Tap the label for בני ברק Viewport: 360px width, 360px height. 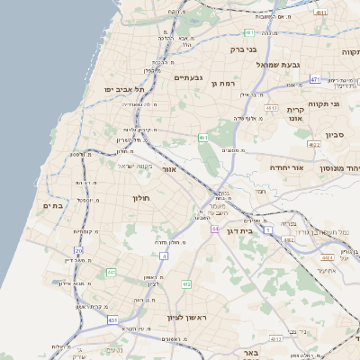pyautogui.click(x=245, y=50)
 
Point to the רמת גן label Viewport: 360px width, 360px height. pyautogui.click(x=220, y=83)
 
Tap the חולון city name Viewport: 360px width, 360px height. pyautogui.click(x=141, y=197)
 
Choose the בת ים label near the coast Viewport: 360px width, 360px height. pyautogui.click(x=53, y=206)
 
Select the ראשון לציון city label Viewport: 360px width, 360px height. pyautogui.click(x=188, y=318)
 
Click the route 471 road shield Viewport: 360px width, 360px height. pyautogui.click(x=315, y=79)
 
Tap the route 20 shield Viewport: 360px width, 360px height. pyautogui.click(x=78, y=250)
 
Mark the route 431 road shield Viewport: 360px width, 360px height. pyautogui.click(x=112, y=319)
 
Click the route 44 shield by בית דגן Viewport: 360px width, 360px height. pyautogui.click(x=215, y=229)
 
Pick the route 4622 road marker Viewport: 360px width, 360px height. pyautogui.click(x=313, y=144)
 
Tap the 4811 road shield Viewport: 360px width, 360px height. pyautogui.click(x=321, y=13)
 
